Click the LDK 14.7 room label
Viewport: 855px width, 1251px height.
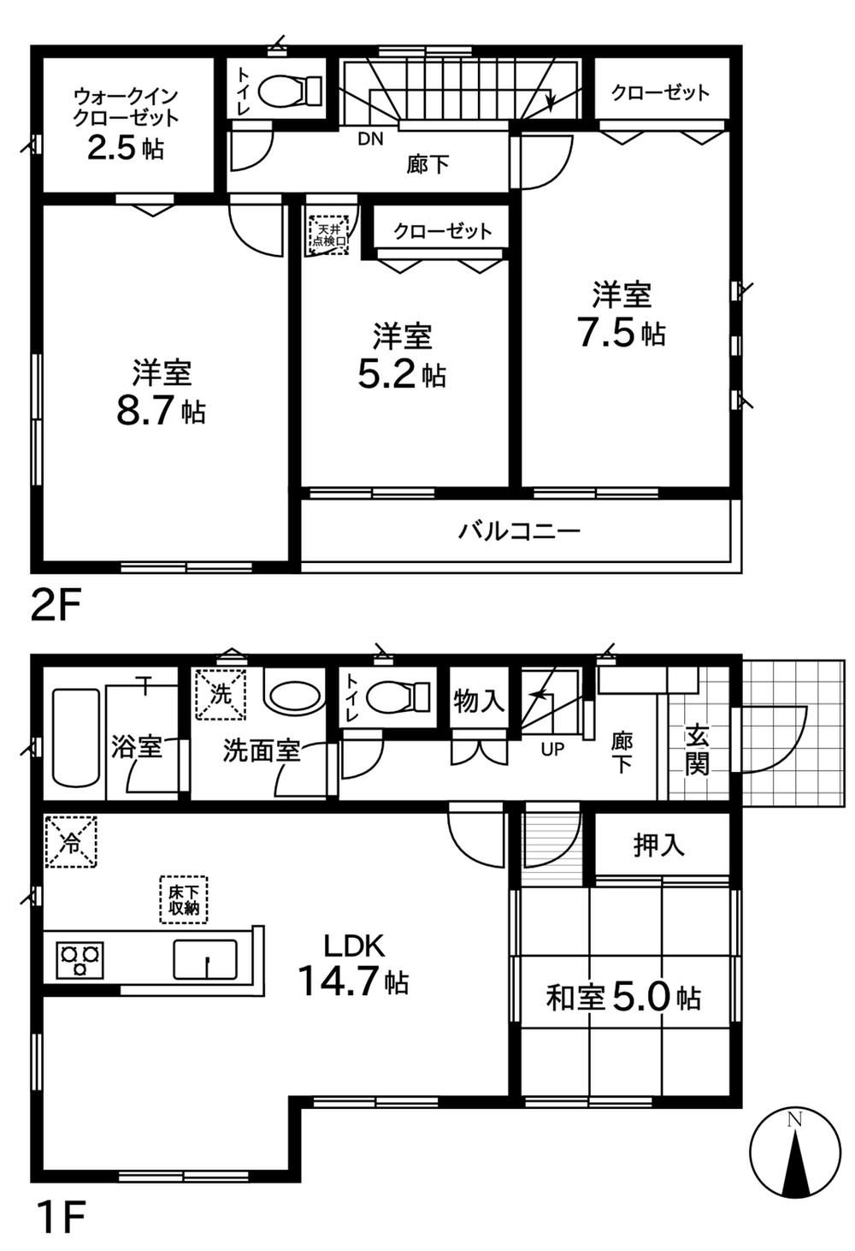click(x=352, y=965)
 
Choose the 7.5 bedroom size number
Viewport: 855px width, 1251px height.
click(x=607, y=332)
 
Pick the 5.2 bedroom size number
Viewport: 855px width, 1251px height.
click(x=386, y=375)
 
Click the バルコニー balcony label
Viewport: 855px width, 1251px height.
click(x=519, y=531)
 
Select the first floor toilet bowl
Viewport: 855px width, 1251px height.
click(x=394, y=697)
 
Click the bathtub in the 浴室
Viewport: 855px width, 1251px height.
click(x=76, y=737)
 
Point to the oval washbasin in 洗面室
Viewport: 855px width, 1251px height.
click(x=293, y=696)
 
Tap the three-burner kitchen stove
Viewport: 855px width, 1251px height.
click(x=80, y=958)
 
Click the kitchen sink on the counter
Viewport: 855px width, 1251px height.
click(x=205, y=958)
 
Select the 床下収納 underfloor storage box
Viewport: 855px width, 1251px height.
click(x=183, y=899)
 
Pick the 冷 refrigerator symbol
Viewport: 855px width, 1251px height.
click(x=71, y=842)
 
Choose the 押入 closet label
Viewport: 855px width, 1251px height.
click(x=659, y=845)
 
